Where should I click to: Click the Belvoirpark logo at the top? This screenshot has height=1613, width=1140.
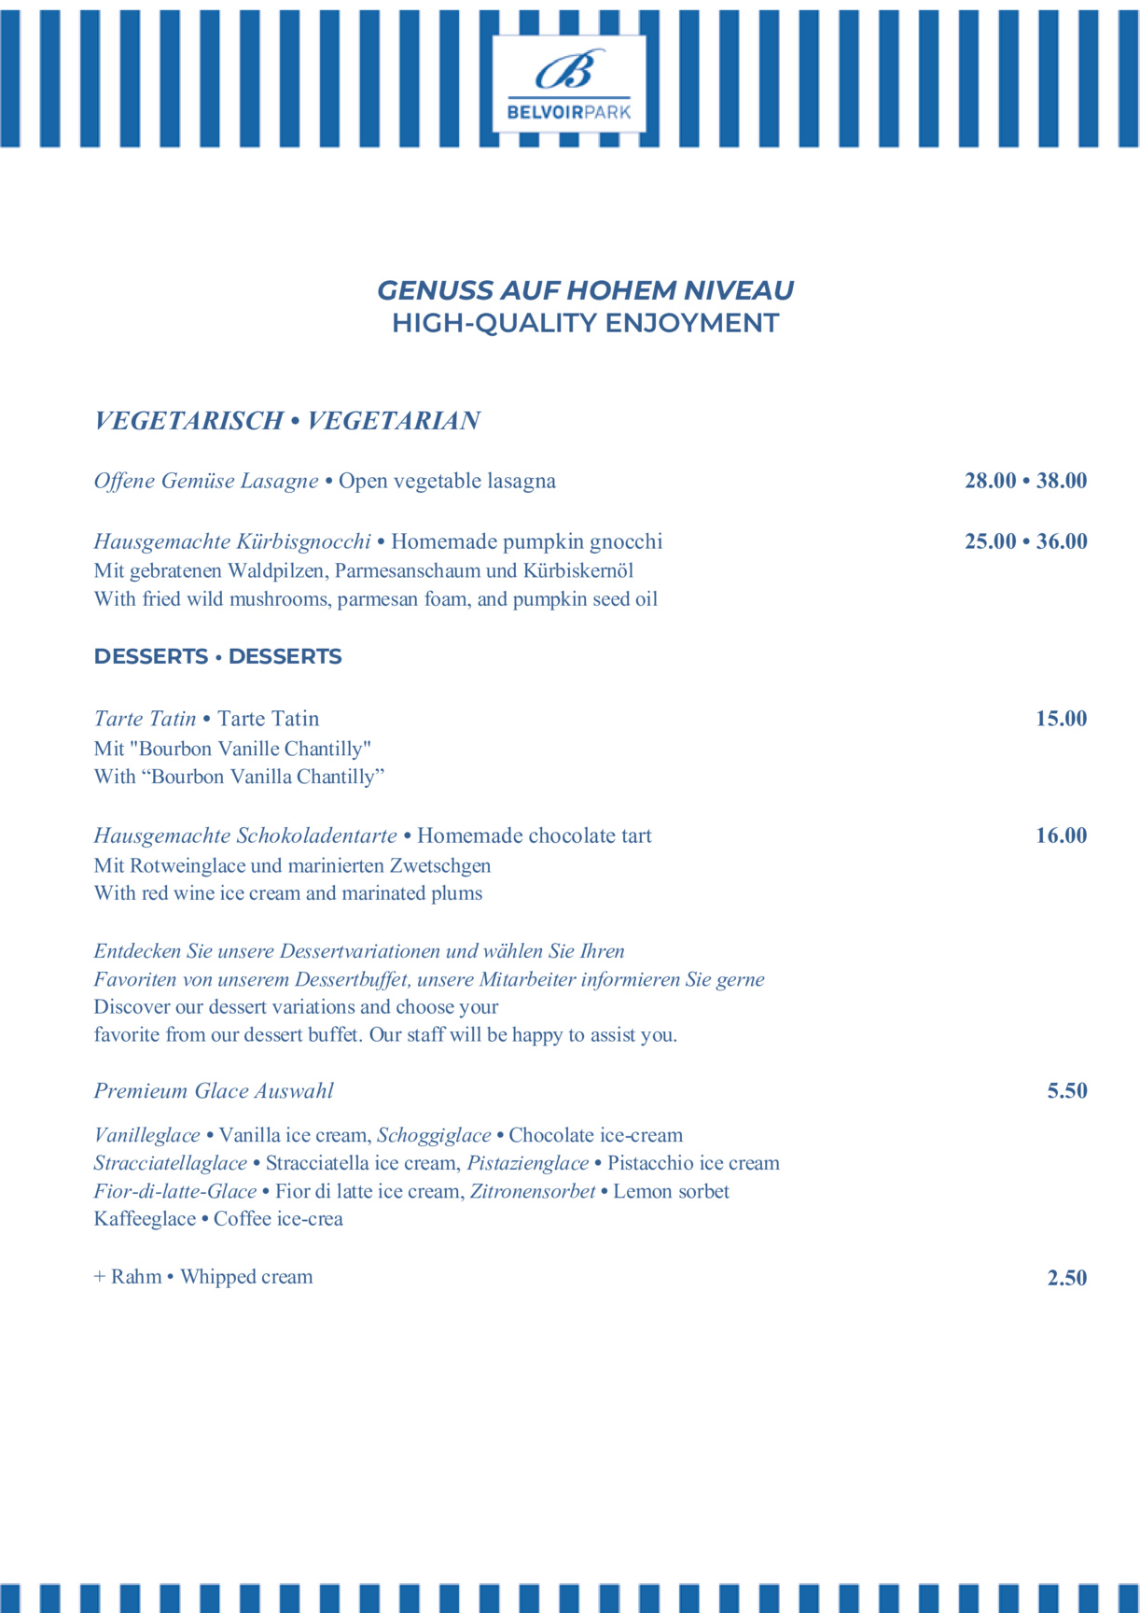569,84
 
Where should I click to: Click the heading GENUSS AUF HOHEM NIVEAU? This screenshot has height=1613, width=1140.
585,290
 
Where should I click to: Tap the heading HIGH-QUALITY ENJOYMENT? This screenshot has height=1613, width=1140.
585,323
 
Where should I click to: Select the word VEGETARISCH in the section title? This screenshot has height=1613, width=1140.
188,421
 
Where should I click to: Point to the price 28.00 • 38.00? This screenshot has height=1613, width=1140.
1025,481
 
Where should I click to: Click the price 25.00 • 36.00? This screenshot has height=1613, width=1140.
1025,541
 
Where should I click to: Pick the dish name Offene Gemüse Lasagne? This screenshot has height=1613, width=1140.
206,481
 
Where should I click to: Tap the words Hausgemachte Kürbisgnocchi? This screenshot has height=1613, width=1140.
232,541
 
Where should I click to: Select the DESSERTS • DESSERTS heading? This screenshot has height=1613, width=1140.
217,656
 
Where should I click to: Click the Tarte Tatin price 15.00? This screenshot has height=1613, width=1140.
1061,719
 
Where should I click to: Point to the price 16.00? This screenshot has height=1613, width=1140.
1061,835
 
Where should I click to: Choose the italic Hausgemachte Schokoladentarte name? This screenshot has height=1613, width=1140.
245,835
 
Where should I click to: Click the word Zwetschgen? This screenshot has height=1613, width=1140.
440,865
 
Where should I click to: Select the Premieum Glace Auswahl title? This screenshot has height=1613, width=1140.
214,1091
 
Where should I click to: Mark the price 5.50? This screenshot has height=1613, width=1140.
1066,1091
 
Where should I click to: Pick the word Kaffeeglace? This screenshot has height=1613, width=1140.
145,1219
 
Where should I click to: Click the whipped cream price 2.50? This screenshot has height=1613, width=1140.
1066,1278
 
